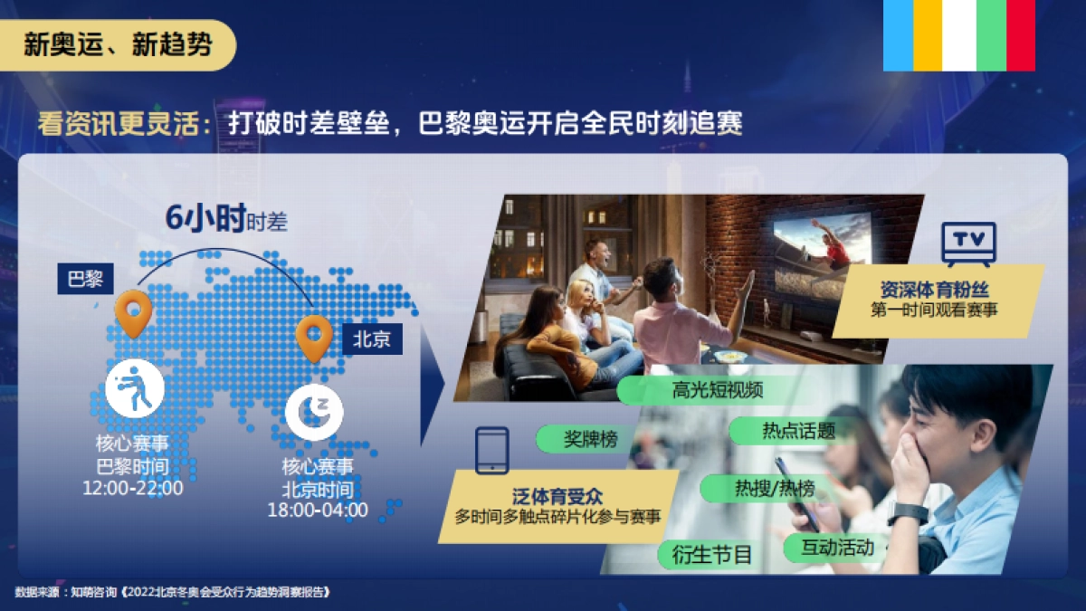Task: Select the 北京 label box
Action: [372, 339]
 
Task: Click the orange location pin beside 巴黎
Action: [133, 312]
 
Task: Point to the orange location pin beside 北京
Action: [314, 338]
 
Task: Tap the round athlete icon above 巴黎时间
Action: [135, 390]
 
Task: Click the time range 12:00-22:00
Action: [132, 488]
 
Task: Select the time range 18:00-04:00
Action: [318, 510]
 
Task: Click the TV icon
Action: [968, 243]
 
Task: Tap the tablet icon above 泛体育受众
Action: [492, 450]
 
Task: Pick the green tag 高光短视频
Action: [718, 390]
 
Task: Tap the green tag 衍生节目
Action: [712, 553]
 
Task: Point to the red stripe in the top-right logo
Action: [1021, 34]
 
